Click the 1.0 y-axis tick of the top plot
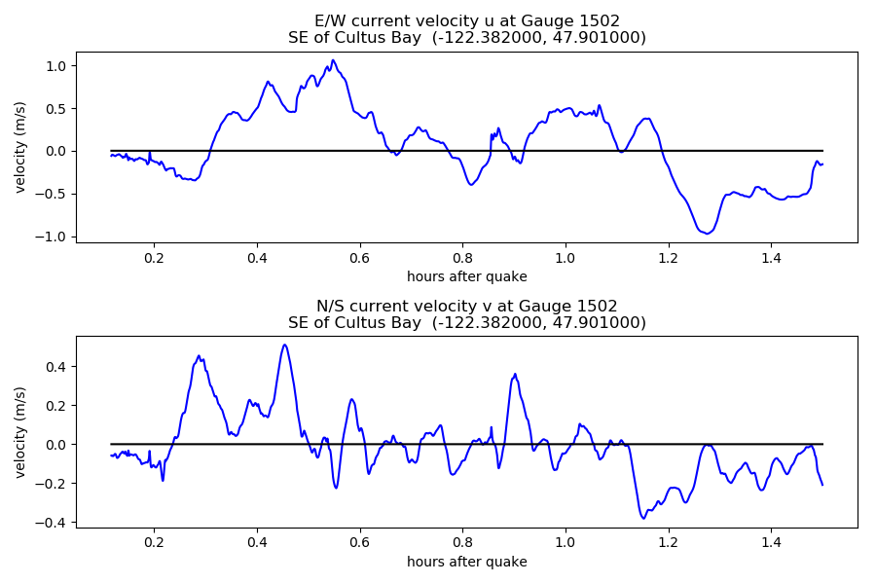click(x=56, y=65)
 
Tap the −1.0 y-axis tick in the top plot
click(x=54, y=237)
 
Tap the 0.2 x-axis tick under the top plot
click(x=154, y=258)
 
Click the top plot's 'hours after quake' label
click(x=467, y=276)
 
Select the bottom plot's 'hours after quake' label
click(x=467, y=562)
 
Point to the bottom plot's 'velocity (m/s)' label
click(x=20, y=432)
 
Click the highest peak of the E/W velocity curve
click(x=333, y=60)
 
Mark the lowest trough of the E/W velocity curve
click(x=708, y=234)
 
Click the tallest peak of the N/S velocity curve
click(x=284, y=345)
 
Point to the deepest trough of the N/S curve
click(x=643, y=518)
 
